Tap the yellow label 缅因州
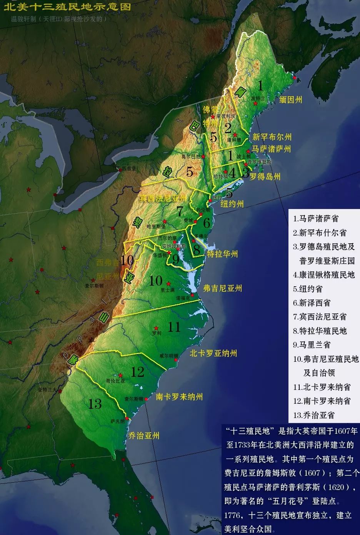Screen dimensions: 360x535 [291, 100]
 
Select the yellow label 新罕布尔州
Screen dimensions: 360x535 [272, 137]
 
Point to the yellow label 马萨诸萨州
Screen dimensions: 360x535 [271, 149]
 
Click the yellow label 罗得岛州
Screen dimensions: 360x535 [265, 177]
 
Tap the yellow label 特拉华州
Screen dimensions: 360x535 [222, 254]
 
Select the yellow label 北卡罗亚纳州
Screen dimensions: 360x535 [213, 353]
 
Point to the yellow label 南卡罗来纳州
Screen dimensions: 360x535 [179, 397]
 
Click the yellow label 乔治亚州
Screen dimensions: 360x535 [143, 436]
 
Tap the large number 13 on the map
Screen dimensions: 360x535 [95, 404]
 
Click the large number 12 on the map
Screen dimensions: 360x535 [137, 372]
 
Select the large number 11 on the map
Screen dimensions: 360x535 [174, 327]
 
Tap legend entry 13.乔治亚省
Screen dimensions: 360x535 [313, 415]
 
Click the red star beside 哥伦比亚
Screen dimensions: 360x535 [121, 375]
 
